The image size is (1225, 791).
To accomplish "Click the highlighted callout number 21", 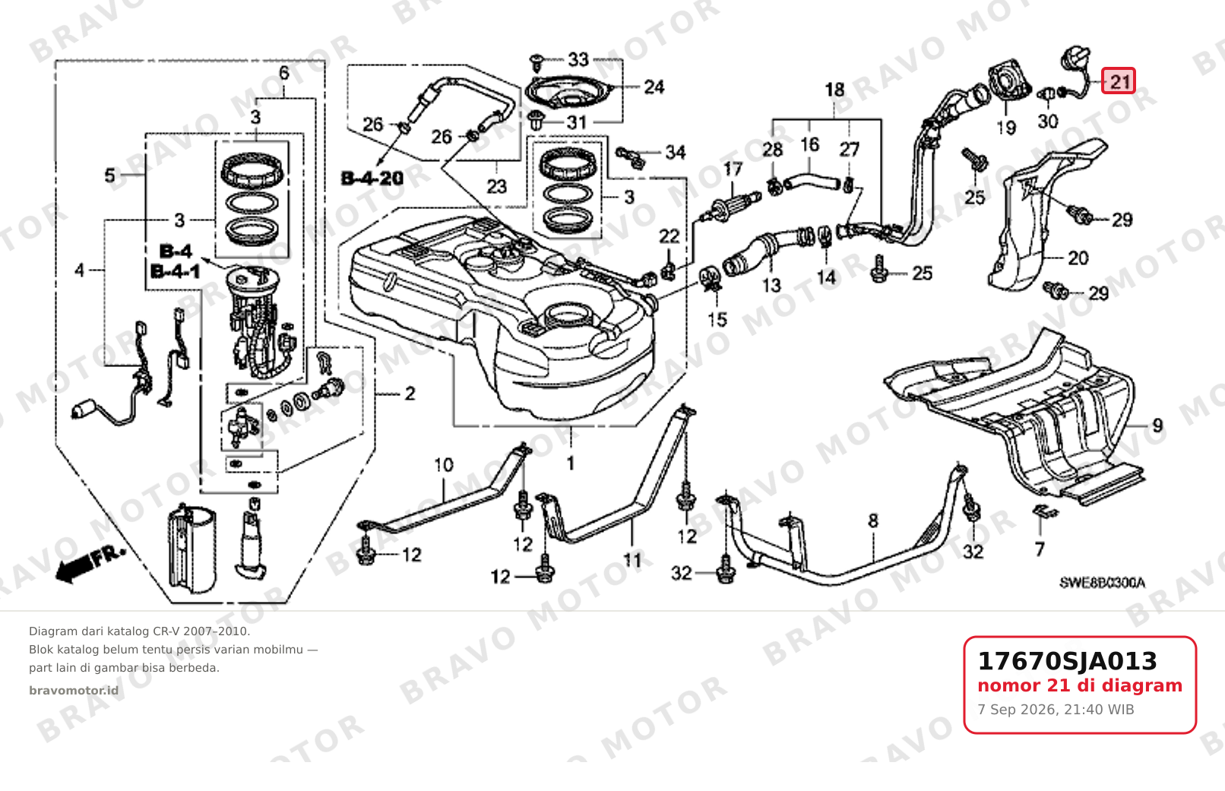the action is coord(1118,81).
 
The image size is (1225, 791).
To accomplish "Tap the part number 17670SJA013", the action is coord(1067,661).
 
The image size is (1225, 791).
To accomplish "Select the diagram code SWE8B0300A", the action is coord(1102,583).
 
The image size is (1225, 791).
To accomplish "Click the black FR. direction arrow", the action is coord(90,565).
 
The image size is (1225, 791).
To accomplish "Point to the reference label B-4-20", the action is coord(372,179).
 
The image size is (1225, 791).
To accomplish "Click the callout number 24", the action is coord(654,87).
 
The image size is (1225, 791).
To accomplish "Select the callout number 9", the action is coord(1157,426).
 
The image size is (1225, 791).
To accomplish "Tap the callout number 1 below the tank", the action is coord(571,464).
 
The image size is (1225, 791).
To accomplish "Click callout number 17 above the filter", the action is coord(733,169).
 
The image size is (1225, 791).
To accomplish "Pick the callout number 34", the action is coord(676,153).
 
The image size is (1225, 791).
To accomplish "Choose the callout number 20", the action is coord(1078,258).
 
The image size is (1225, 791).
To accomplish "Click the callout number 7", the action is coord(1040,549).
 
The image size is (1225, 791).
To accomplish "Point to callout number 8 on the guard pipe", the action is coord(873,521).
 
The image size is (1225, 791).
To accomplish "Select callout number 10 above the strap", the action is coord(444,465).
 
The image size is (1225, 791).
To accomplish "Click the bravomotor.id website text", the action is coord(74,691).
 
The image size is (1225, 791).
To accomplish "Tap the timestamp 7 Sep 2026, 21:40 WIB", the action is coord(1056,710).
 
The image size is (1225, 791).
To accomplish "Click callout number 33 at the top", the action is coord(578,59).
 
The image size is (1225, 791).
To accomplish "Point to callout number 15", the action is coord(717,319).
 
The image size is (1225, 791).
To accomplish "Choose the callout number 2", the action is coord(410,393).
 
